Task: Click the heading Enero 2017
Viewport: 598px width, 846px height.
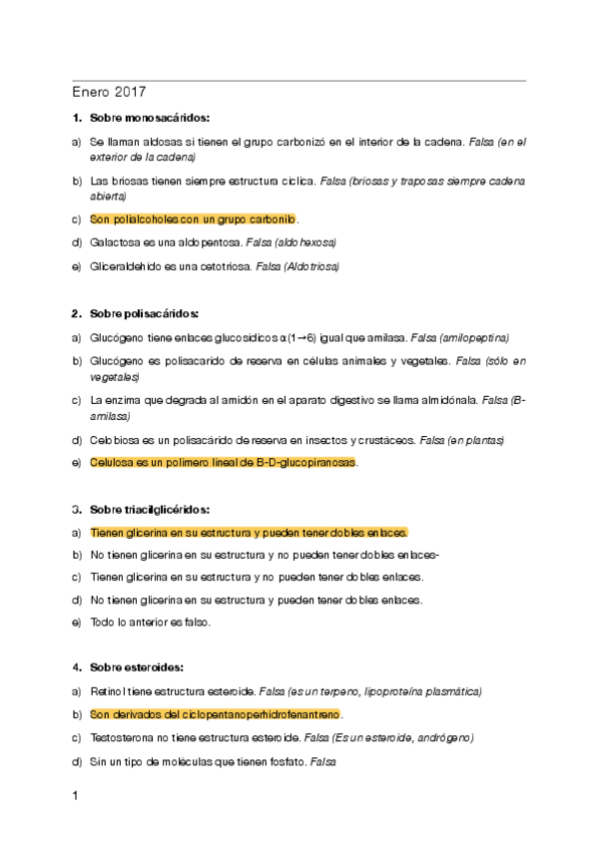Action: click(x=109, y=93)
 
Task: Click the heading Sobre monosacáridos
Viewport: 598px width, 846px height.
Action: click(x=148, y=119)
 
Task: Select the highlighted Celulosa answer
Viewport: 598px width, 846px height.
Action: click(x=223, y=463)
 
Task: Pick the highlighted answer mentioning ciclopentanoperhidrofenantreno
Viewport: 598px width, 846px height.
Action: click(x=216, y=714)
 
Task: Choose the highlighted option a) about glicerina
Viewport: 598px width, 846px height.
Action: click(x=249, y=532)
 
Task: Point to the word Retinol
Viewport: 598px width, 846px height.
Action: click(x=107, y=690)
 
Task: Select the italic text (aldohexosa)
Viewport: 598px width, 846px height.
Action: click(x=305, y=242)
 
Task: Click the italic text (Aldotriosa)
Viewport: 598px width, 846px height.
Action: click(x=309, y=266)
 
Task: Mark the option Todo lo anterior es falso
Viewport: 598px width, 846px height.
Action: click(x=151, y=623)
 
